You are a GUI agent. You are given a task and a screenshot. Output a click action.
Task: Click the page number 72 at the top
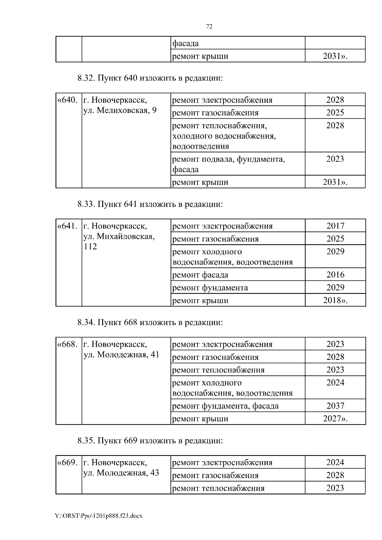pyautogui.click(x=209, y=27)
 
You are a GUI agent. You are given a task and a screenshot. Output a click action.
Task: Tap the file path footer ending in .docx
pyautogui.click(x=99, y=516)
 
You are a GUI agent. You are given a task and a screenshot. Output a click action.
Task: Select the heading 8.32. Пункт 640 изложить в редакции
pyautogui.click(x=150, y=78)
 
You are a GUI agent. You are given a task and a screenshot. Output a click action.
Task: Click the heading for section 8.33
pyautogui.click(x=150, y=204)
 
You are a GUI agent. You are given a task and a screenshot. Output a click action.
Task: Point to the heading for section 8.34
pyautogui.click(x=150, y=322)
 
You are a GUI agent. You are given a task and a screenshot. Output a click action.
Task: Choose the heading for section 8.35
pyautogui.click(x=150, y=440)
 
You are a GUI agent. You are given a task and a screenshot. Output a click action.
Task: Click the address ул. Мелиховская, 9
pyautogui.click(x=120, y=110)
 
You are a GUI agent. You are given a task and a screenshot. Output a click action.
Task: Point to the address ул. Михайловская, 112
pyautogui.click(x=119, y=241)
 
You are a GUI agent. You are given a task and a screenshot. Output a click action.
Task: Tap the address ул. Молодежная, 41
pyautogui.click(x=121, y=355)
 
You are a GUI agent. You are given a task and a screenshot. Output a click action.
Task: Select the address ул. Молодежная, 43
pyautogui.click(x=121, y=473)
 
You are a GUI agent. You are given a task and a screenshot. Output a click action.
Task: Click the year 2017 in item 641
pyautogui.click(x=335, y=226)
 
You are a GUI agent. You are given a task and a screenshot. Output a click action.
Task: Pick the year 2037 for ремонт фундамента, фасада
pyautogui.click(x=335, y=405)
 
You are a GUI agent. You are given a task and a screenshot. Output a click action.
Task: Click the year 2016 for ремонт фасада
pyautogui.click(x=335, y=274)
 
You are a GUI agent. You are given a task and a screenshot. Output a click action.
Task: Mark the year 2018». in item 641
pyautogui.click(x=335, y=300)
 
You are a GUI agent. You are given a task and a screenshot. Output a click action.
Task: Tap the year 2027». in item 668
pyautogui.click(x=335, y=419)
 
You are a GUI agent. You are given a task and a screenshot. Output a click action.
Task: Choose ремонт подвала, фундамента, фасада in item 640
pyautogui.click(x=228, y=164)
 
